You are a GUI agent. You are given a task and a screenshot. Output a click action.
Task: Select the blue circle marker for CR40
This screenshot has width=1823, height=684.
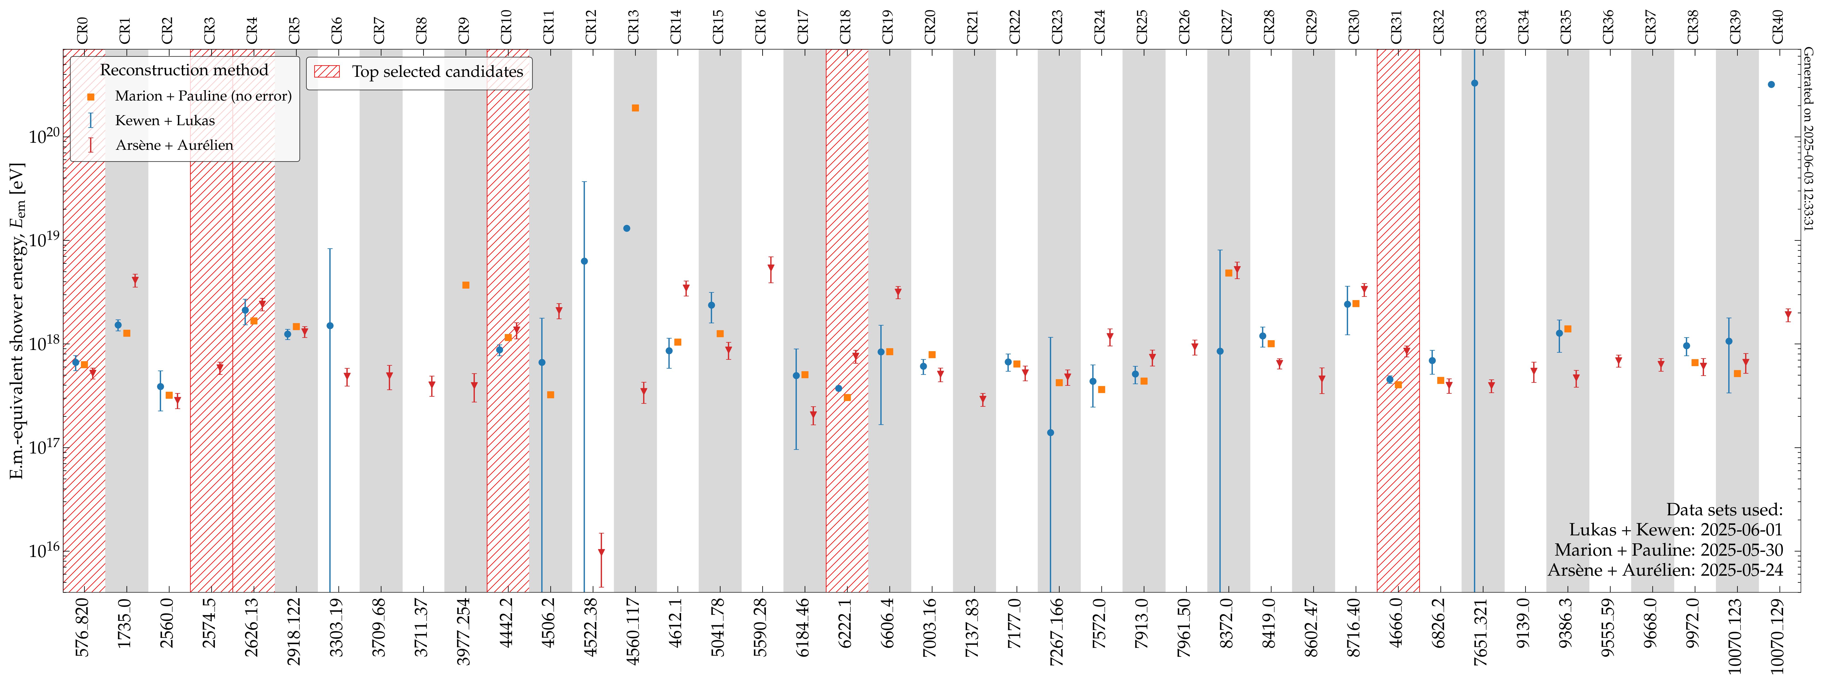coord(1771,84)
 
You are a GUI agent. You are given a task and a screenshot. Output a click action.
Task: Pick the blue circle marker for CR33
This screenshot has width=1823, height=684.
coord(1475,83)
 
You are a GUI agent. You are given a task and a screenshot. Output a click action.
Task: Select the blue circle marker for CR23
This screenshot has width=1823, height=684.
coord(1051,433)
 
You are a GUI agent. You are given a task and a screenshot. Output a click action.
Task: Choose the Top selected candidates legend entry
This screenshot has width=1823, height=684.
coord(437,72)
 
